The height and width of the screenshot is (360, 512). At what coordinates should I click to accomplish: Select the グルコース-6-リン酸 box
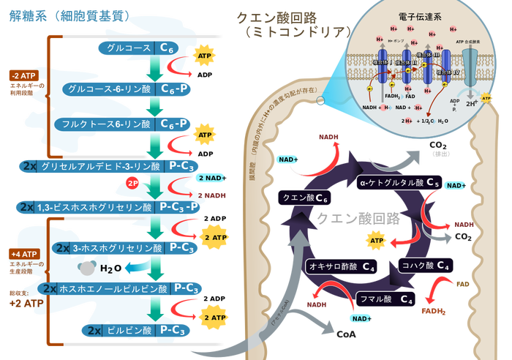pyautogui.click(x=127, y=89)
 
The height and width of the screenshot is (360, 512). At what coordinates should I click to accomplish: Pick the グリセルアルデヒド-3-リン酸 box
pyautogui.click(x=110, y=167)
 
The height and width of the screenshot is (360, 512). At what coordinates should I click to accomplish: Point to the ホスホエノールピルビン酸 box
pyautogui.click(x=121, y=288)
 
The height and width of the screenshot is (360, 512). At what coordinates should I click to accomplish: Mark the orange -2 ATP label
pyautogui.click(x=23, y=76)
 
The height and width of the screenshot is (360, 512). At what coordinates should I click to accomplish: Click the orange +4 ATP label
pyautogui.click(x=23, y=254)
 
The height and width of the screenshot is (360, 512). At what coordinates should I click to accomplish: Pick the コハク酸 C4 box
pyautogui.click(x=425, y=266)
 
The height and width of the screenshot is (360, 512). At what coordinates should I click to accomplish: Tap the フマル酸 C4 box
pyautogui.click(x=386, y=299)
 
